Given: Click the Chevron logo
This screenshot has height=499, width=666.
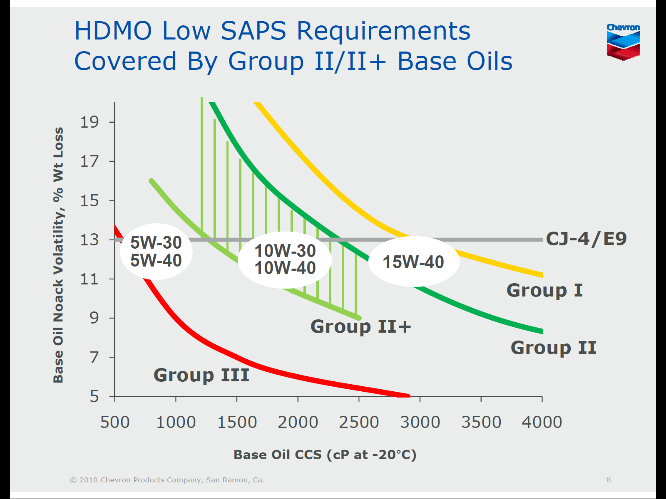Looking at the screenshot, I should point(623,42).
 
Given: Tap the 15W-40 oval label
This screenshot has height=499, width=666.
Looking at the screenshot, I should point(413,262).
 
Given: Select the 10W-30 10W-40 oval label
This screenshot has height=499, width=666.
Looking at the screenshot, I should point(285,259).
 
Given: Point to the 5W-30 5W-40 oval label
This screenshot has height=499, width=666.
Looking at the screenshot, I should point(156,252).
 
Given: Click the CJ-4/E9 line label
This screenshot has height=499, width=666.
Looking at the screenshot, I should point(586,239).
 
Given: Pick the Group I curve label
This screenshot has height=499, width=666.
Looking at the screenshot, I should point(544,290).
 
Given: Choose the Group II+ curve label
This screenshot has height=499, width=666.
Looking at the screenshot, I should point(361,326).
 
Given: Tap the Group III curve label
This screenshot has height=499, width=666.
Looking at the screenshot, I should point(201,375).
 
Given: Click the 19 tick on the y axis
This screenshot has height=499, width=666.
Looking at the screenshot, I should point(89,122).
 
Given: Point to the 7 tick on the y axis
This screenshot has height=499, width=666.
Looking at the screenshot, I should point(95,357).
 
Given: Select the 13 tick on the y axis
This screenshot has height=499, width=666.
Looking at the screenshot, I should point(89,240).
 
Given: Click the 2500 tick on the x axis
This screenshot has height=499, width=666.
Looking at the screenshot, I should point(359,422).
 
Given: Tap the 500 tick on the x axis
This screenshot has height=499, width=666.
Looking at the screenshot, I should point(115,422).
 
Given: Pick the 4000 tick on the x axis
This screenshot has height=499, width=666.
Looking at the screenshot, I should point(542,422).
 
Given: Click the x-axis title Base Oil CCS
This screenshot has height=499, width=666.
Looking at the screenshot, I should point(325,455).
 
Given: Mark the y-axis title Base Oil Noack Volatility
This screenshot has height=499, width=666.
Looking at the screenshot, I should point(58,254).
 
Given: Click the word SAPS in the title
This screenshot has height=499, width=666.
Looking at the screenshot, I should point(253,31).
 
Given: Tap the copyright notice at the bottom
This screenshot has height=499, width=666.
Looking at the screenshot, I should point(167,480).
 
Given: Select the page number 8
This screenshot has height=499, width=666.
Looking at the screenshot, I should point(609,479).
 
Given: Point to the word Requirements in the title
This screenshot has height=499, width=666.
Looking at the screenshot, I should point(383,32).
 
